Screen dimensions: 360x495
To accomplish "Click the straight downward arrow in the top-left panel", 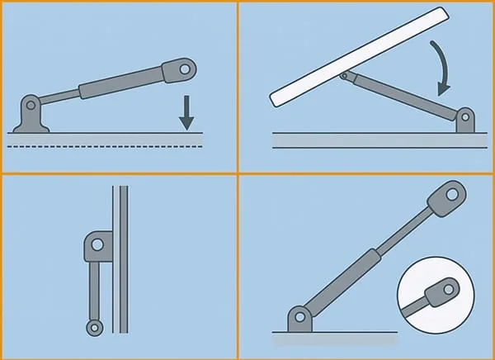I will (186, 114).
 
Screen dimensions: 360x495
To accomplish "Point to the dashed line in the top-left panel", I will (107, 146).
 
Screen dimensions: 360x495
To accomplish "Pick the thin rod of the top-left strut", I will (60, 98).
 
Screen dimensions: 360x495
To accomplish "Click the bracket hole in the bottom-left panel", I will (97, 244).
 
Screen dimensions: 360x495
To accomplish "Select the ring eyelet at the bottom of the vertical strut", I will (95, 328).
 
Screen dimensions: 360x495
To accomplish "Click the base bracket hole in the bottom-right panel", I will (300, 318).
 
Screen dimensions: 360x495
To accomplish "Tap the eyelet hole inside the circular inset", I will (448, 287).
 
